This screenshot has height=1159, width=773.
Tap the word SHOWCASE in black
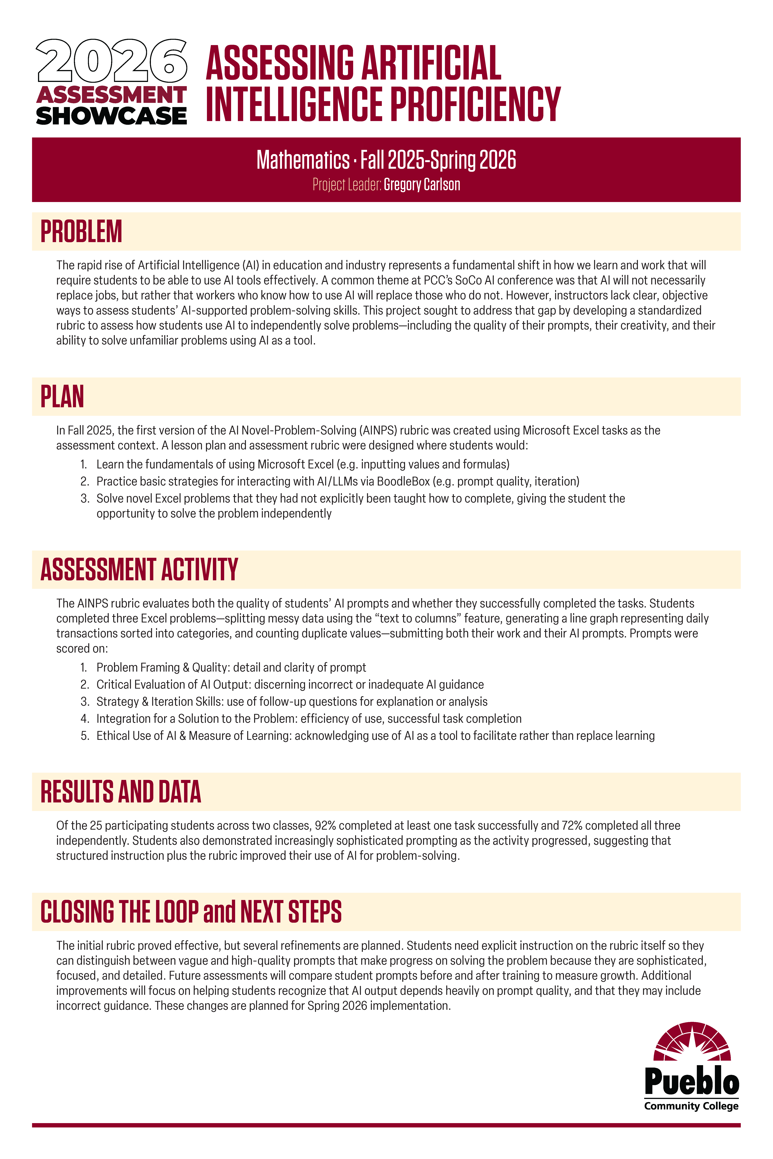[x=111, y=116]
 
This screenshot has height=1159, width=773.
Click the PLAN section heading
[x=62, y=397]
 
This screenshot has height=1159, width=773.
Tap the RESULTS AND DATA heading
[x=121, y=792]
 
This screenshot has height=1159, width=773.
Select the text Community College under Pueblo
[x=691, y=1106]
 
